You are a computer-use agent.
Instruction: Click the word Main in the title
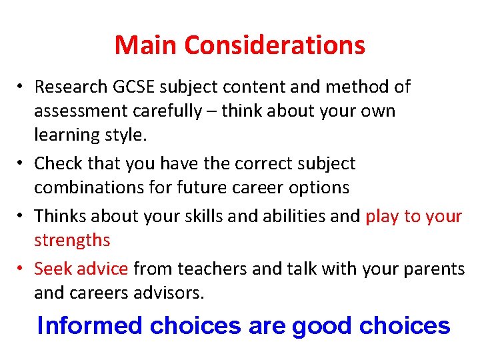146,45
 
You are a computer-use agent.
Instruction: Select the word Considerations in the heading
275,45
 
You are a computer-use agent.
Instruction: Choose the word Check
55,163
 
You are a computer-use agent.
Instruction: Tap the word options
319,187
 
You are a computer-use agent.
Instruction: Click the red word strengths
72,240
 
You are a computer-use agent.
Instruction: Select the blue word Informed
91,325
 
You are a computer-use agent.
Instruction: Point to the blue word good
323,326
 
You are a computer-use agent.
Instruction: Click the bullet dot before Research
22,87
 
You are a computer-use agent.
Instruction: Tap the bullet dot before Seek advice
22,269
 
